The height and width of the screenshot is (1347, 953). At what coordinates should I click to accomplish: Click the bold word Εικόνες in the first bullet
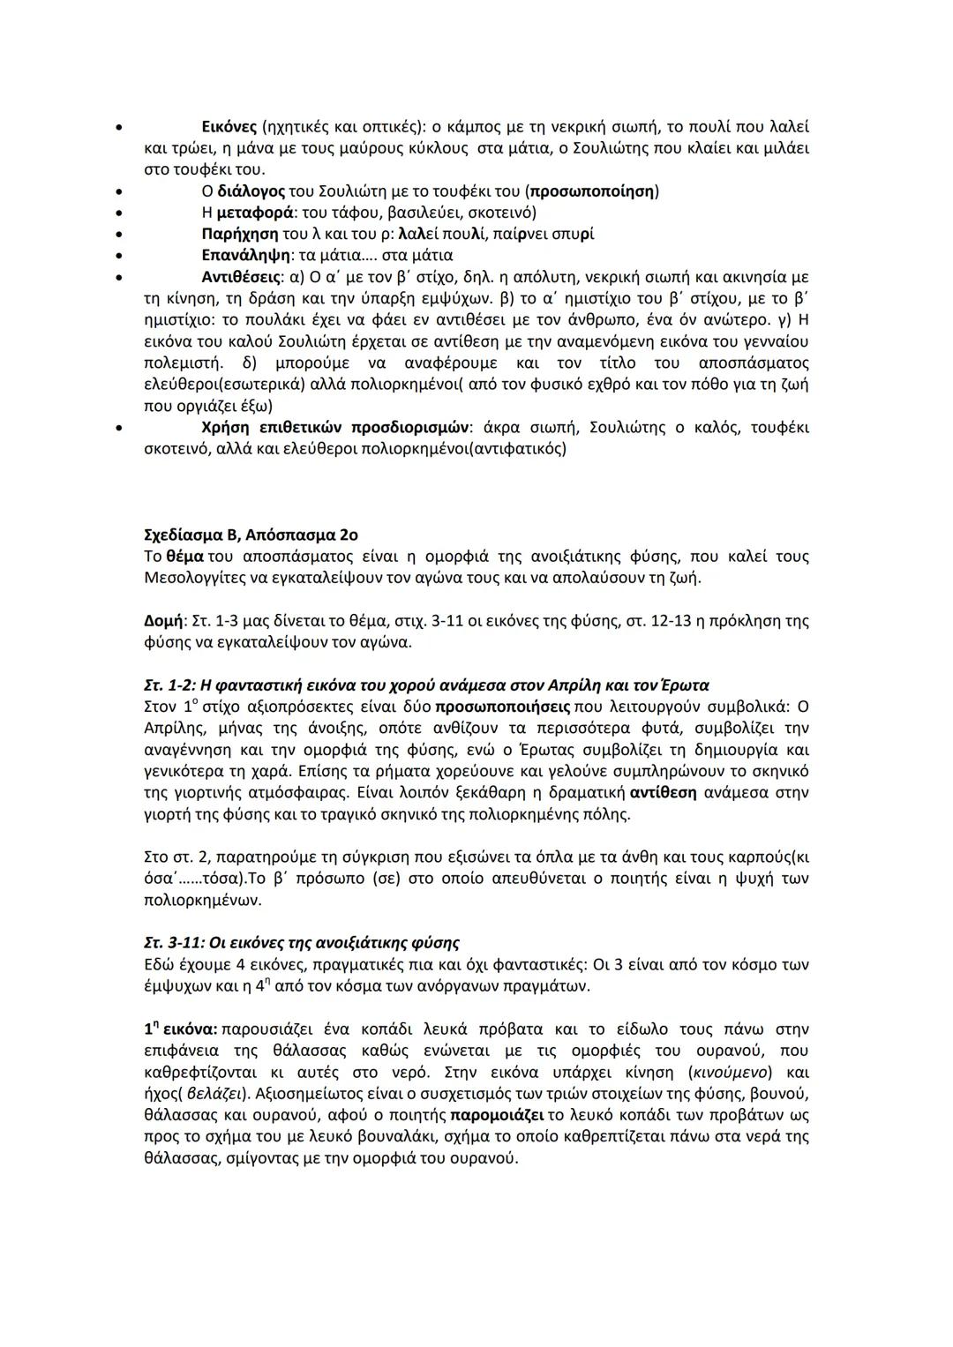point(231,126)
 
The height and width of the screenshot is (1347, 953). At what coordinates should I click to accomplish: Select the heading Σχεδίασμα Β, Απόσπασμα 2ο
point(250,535)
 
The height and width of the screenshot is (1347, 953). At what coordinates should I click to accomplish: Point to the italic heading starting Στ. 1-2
point(426,685)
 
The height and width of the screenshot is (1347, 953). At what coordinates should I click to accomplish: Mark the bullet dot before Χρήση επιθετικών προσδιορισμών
point(117,428)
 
